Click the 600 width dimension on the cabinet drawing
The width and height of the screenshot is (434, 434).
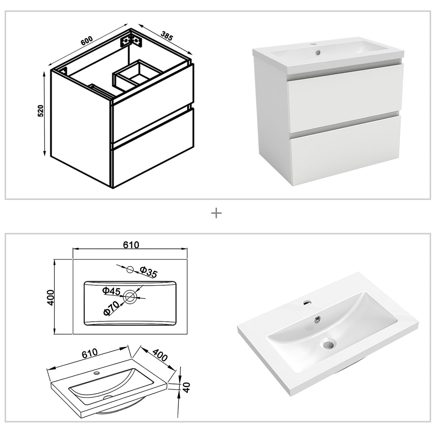pos(87,40)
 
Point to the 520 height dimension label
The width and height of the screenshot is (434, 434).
pos(40,111)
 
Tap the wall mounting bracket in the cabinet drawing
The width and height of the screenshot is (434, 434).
pos(132,40)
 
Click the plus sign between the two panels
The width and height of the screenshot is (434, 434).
pos(217,213)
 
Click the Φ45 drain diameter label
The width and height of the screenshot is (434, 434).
pos(111,291)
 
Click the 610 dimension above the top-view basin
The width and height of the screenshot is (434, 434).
pos(131,245)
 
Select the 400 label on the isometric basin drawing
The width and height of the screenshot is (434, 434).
pos(160,356)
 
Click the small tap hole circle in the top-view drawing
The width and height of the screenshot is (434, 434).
pos(130,269)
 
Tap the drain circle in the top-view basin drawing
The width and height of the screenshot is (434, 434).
pos(130,296)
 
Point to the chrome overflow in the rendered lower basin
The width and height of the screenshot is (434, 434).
pos(316,318)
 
